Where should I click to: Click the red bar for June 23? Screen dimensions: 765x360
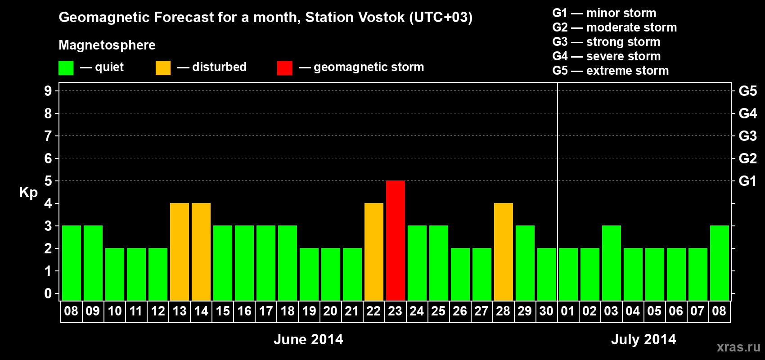[x=396, y=240]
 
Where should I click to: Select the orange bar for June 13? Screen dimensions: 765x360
[x=180, y=252]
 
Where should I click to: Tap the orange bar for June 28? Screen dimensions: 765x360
[x=504, y=252]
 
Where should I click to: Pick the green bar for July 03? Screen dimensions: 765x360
[x=611, y=263]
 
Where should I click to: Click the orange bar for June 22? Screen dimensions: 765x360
[x=374, y=252]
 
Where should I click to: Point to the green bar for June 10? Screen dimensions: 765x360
[x=115, y=274]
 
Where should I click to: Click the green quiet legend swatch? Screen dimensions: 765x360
[x=66, y=67]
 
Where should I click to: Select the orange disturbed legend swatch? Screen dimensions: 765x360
[x=163, y=67]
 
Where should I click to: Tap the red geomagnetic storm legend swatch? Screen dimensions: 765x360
[x=284, y=67]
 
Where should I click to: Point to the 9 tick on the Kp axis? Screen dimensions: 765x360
[x=48, y=91]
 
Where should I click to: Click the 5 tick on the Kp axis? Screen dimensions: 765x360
[x=48, y=181]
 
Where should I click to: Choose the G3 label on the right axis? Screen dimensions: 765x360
[x=747, y=136]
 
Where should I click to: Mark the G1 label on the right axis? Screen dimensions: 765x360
[x=747, y=181]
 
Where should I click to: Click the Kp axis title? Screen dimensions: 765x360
[x=28, y=193]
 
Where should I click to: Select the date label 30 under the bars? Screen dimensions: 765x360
[x=546, y=311]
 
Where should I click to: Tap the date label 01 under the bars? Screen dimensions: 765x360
[x=568, y=311]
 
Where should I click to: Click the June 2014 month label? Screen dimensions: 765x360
[x=308, y=339]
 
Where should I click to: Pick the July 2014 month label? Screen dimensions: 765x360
[x=643, y=339]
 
